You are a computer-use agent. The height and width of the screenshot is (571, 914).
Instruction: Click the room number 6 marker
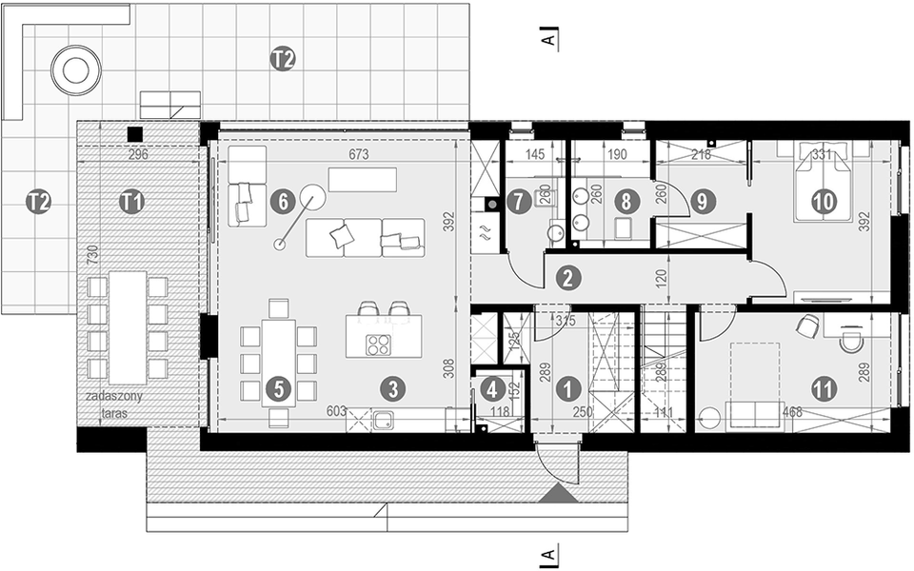(x=280, y=201)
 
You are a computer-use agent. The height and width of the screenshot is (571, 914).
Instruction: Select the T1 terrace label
(x=132, y=201)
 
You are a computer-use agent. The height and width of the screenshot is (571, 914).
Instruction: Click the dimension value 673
(x=358, y=153)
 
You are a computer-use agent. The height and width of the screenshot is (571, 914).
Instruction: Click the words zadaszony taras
(x=114, y=404)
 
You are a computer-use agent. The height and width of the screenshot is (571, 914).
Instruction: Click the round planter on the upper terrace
(x=75, y=69)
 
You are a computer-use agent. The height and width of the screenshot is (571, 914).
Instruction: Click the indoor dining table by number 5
(x=278, y=363)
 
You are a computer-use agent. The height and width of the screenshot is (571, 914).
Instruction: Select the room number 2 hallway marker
(x=567, y=279)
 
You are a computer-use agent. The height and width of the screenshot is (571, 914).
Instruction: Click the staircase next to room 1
(x=663, y=371)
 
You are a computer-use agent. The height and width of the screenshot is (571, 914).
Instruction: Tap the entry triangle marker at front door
(x=558, y=494)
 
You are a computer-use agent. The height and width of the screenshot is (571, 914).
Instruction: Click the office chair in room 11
(x=807, y=326)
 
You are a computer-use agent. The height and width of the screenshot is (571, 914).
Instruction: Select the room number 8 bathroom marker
(x=626, y=201)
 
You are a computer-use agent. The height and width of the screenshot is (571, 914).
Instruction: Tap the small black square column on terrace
(x=136, y=134)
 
